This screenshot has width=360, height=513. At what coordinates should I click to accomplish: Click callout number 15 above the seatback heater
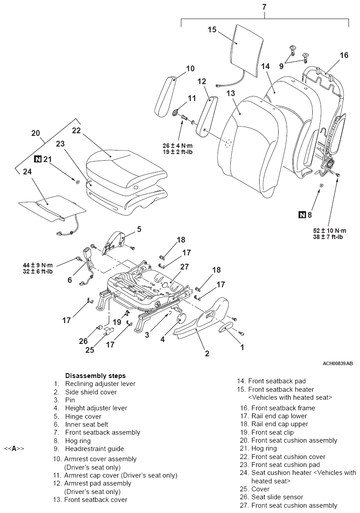pyautogui.click(x=212, y=30)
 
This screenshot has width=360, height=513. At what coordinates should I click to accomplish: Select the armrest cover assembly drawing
pyautogui.click(x=168, y=94)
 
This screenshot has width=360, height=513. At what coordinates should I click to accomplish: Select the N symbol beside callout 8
pyautogui.click(x=302, y=215)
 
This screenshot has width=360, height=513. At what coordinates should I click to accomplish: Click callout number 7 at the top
pyautogui.click(x=264, y=7)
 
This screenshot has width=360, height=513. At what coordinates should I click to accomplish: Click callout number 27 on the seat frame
pyautogui.click(x=184, y=267)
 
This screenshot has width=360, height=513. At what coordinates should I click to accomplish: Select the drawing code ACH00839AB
pyautogui.click(x=338, y=363)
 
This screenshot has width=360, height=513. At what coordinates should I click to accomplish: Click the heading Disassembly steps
pyautogui.click(x=95, y=376)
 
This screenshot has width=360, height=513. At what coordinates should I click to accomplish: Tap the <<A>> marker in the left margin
pyautogui.click(x=14, y=448)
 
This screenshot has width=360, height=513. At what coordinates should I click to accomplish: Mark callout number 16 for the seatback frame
pyautogui.click(x=344, y=55)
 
